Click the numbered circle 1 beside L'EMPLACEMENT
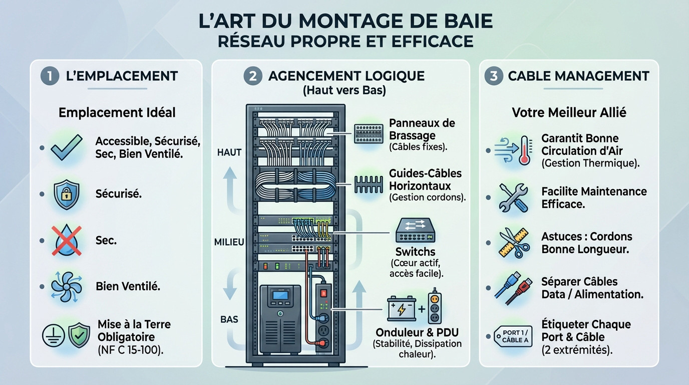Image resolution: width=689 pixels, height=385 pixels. (x=50, y=76)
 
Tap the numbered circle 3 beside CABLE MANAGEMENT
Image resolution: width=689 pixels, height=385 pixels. (x=494, y=76)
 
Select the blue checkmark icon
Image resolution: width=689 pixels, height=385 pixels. (x=67, y=148)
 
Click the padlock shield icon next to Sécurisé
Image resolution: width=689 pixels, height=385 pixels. (x=66, y=194)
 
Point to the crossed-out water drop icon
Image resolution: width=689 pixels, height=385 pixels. (x=66, y=241)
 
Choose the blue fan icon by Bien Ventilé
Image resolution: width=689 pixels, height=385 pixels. (x=66, y=286)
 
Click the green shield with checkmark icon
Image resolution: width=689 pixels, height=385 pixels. (x=79, y=335)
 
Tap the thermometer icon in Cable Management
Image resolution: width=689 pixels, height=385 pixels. (x=524, y=150)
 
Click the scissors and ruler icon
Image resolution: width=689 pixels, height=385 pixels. (x=513, y=243)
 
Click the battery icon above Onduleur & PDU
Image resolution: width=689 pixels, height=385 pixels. (x=402, y=309)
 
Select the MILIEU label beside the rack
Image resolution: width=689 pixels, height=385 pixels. (x=229, y=242)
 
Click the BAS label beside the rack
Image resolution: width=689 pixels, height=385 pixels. (x=229, y=319)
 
